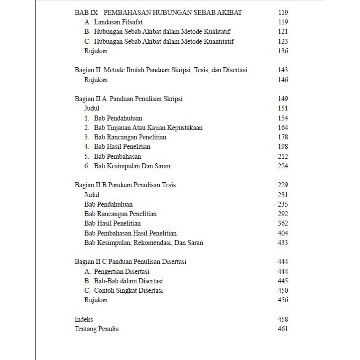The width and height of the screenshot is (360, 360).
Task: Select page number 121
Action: tap(283, 32)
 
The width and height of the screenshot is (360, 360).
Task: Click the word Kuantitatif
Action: tap(217, 41)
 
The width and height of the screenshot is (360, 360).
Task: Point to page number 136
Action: tap(283, 51)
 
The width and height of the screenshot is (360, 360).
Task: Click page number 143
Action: tap(283, 70)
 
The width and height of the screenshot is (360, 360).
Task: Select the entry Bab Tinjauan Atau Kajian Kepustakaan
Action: tap(148, 128)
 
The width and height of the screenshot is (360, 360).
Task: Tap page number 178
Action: tap(283, 137)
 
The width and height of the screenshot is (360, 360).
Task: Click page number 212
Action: tap(283, 156)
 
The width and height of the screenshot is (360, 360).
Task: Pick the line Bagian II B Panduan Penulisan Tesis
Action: tap(125, 185)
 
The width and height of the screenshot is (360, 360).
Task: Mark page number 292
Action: tap(283, 214)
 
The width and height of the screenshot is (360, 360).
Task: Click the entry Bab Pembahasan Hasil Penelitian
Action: tap(130, 234)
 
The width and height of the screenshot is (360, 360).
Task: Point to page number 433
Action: tap(283, 243)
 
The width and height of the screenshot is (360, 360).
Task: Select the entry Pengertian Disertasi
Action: tap(121, 272)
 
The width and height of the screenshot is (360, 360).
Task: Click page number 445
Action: tap(283, 281)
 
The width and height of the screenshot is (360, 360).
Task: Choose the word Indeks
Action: tap(84, 320)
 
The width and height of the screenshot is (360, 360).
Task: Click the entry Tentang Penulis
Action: tap(97, 329)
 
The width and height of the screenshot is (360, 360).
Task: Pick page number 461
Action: tap(283, 329)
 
